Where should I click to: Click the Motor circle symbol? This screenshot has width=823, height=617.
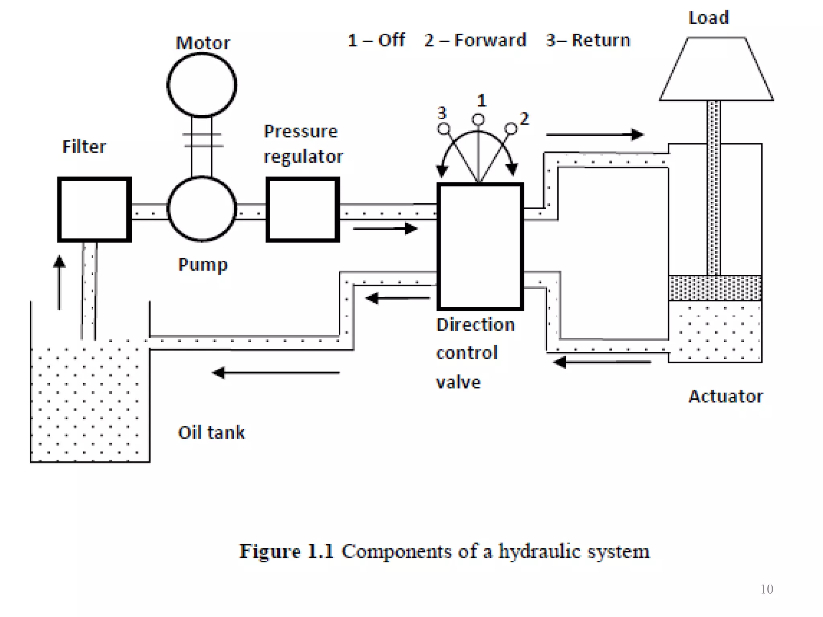202,85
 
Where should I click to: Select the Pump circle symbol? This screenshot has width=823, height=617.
202,209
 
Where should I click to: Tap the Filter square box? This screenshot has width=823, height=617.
94,209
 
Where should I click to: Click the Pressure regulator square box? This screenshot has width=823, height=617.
303,209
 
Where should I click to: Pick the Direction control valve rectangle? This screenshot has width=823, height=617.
480,246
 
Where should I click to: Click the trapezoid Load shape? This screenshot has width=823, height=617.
716,69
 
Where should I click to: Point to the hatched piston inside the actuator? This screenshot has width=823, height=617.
715,288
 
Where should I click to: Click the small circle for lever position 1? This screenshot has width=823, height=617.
478,119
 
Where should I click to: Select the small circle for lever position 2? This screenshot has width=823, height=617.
511,129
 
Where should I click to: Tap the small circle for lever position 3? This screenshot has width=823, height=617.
444,129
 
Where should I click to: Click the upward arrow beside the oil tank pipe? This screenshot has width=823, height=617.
59,281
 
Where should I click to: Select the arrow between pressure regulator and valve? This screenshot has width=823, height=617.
385,229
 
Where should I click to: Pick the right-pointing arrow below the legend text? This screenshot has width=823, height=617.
594,135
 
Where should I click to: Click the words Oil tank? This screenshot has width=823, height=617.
211,433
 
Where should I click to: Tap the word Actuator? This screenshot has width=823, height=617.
725,396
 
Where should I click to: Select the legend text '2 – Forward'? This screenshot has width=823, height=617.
475,40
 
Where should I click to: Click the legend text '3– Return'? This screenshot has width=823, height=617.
588,40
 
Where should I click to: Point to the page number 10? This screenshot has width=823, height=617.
767,589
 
